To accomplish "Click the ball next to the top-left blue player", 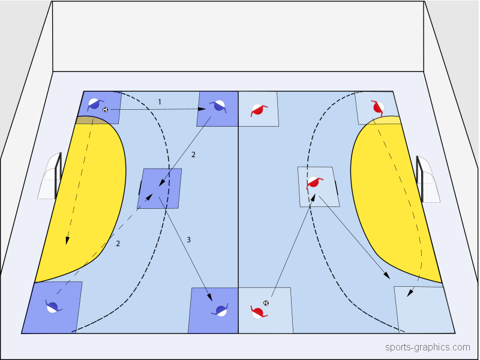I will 106,110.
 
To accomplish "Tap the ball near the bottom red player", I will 266,302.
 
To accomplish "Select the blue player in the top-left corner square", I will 94,104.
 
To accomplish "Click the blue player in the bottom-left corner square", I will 52,307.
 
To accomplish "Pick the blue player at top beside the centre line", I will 218,106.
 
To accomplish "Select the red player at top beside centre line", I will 258,110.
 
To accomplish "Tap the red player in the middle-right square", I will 313,182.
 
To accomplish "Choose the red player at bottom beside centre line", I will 258,311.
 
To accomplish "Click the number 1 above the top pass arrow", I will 160,102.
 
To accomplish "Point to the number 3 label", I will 188,240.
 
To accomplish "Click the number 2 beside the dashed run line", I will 118,244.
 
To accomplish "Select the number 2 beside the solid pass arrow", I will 193,155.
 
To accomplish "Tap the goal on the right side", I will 428,179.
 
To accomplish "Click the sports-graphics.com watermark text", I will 428,347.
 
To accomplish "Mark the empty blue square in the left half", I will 160,188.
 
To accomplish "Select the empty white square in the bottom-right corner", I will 423,309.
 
